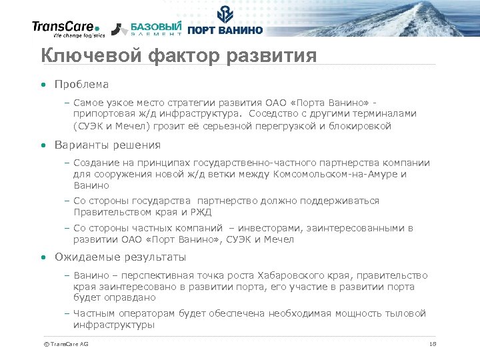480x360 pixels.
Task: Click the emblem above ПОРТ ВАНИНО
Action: pos(226,14)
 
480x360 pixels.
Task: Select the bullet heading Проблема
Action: pos(81,85)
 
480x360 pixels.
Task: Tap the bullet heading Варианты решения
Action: pos(107,145)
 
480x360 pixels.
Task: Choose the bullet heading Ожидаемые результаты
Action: pos(120,257)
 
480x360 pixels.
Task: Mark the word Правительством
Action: pos(111,213)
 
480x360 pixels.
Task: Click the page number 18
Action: pos(433,344)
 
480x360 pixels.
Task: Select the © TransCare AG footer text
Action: pos(65,344)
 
